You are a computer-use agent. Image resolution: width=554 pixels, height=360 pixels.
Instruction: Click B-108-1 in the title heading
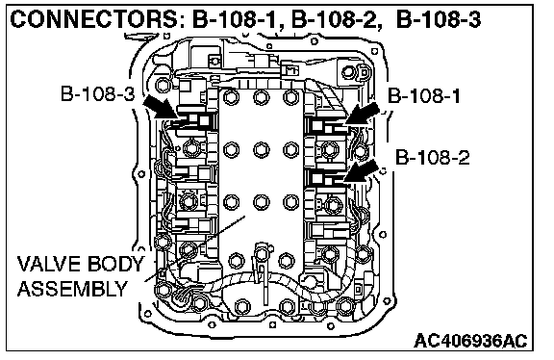tap(237, 20)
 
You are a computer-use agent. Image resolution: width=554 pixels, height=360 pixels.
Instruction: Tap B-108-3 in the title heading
tap(439, 20)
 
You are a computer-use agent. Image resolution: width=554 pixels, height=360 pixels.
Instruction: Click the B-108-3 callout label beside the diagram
tap(98, 93)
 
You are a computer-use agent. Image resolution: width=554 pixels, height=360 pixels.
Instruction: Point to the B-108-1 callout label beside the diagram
tap(424, 96)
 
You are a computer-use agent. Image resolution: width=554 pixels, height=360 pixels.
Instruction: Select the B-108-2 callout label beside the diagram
tap(433, 157)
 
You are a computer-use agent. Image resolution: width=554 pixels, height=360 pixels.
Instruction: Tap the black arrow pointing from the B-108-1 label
tap(363, 114)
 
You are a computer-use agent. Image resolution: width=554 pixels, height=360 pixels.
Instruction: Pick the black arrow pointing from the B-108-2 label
tap(361, 171)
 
